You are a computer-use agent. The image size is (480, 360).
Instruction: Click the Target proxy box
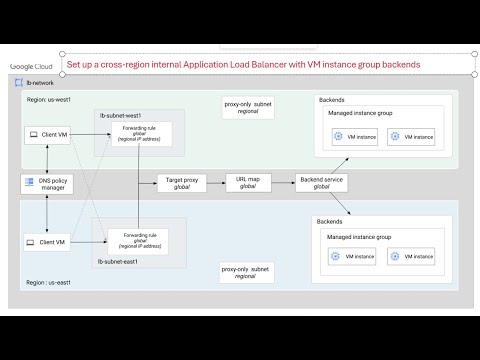pyautogui.click(x=178, y=183)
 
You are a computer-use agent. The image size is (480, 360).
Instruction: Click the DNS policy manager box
pyautogui.click(x=47, y=184)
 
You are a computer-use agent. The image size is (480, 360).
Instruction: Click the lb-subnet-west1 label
pyautogui.click(x=121, y=116)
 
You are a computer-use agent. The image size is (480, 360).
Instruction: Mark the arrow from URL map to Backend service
pyautogui.click(x=274, y=183)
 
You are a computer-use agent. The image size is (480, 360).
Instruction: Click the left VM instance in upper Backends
pyautogui.click(x=353, y=135)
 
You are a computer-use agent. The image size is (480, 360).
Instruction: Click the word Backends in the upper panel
pyautogui.click(x=333, y=101)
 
